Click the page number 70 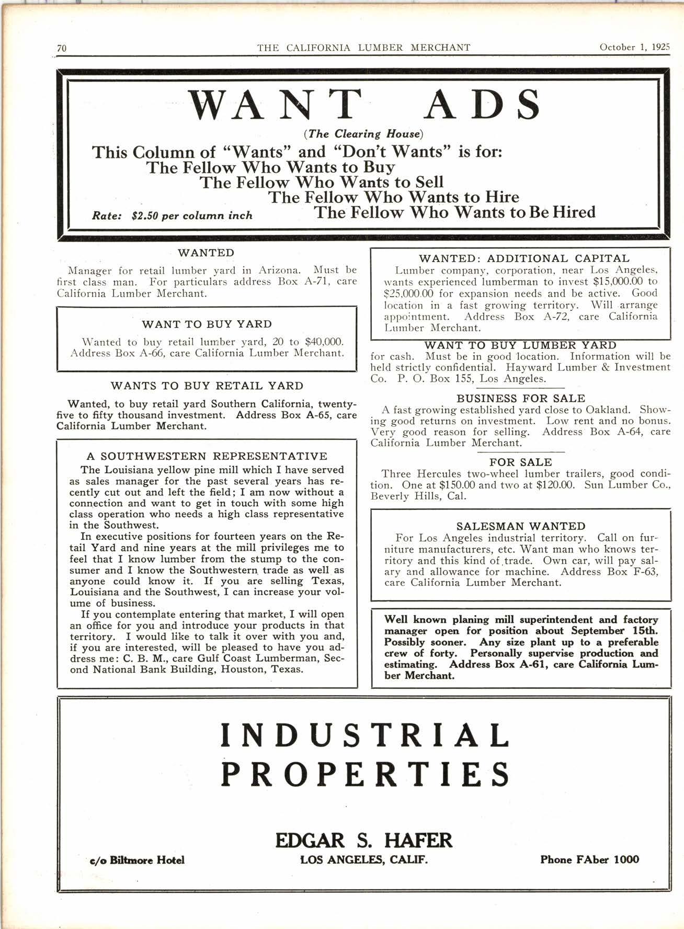point(62,48)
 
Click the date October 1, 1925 point(634,47)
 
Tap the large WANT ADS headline point(364,104)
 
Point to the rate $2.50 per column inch point(172,216)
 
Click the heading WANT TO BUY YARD point(207,324)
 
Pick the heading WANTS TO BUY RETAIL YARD point(207,386)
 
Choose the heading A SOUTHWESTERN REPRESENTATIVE point(207,456)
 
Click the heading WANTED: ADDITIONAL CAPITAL point(524,258)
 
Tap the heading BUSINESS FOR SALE point(521,399)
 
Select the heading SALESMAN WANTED point(521,526)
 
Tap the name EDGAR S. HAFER point(363,840)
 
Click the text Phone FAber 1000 point(589,859)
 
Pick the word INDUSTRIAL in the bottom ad point(364,735)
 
